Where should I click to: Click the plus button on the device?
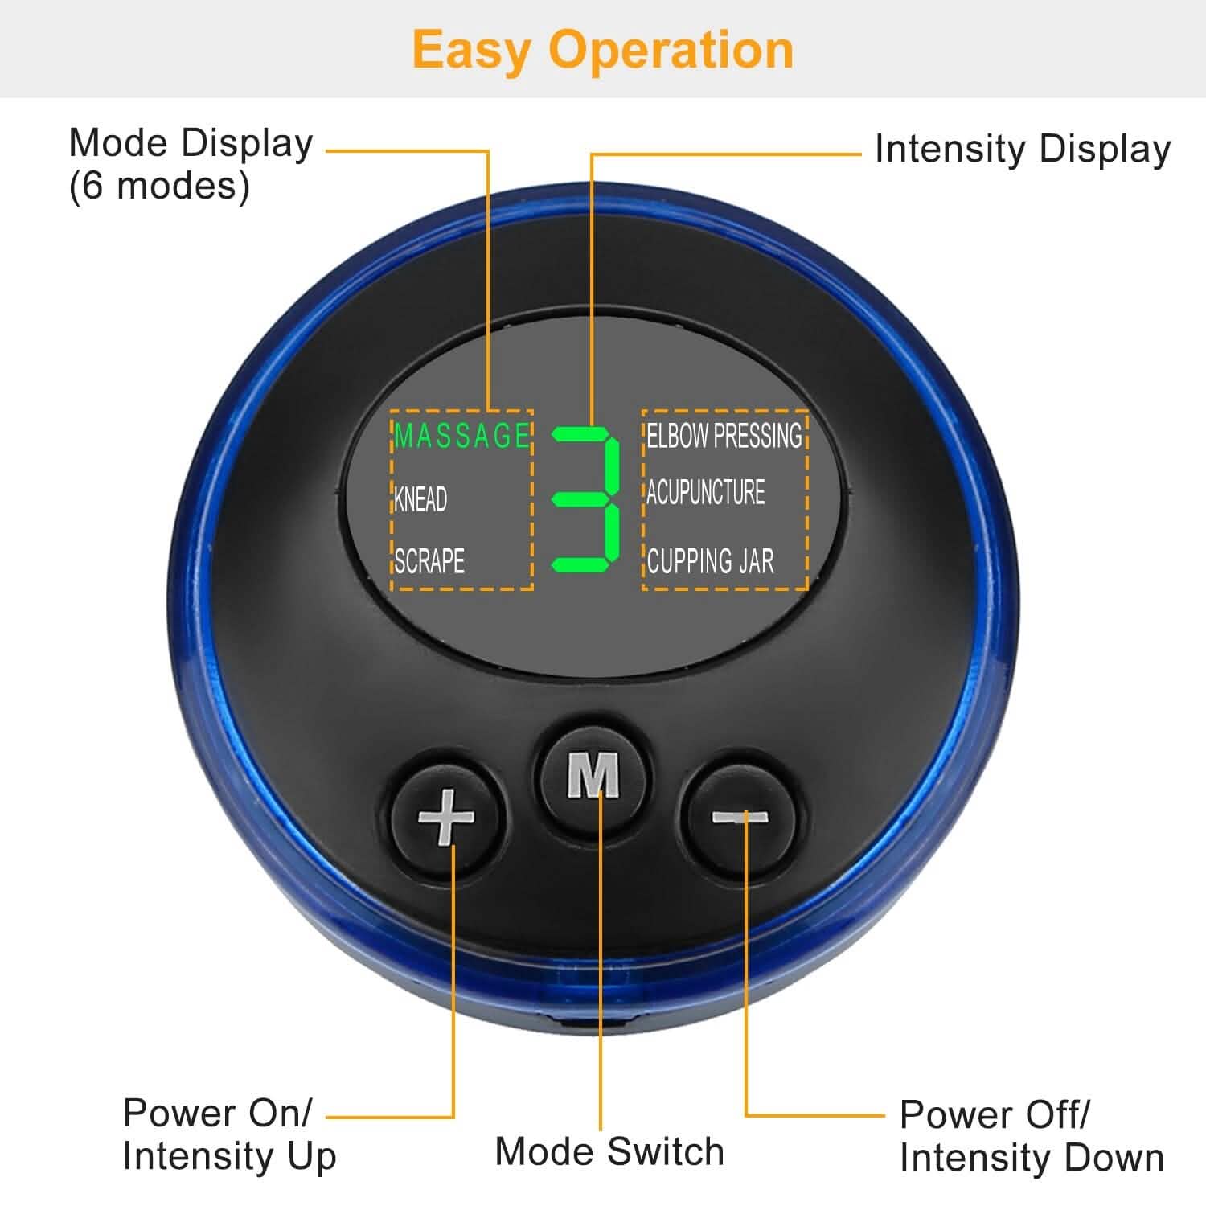tap(446, 818)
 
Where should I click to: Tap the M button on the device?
tap(593, 775)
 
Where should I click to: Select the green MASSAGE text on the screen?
tap(462, 436)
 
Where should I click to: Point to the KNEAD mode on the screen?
tap(420, 499)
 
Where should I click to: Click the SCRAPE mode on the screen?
tap(429, 560)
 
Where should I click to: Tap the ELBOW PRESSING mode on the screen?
tap(724, 436)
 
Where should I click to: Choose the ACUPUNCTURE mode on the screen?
tap(706, 492)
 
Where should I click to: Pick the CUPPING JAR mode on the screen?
tap(711, 561)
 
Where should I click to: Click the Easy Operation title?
tap(603, 50)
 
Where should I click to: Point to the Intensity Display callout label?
tap(1022, 149)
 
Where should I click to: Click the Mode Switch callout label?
tap(609, 1151)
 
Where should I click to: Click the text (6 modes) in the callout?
tap(159, 187)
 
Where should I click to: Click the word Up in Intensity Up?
tap(311, 1158)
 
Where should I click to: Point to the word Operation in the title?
tap(671, 50)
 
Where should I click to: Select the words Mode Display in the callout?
tap(191, 143)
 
